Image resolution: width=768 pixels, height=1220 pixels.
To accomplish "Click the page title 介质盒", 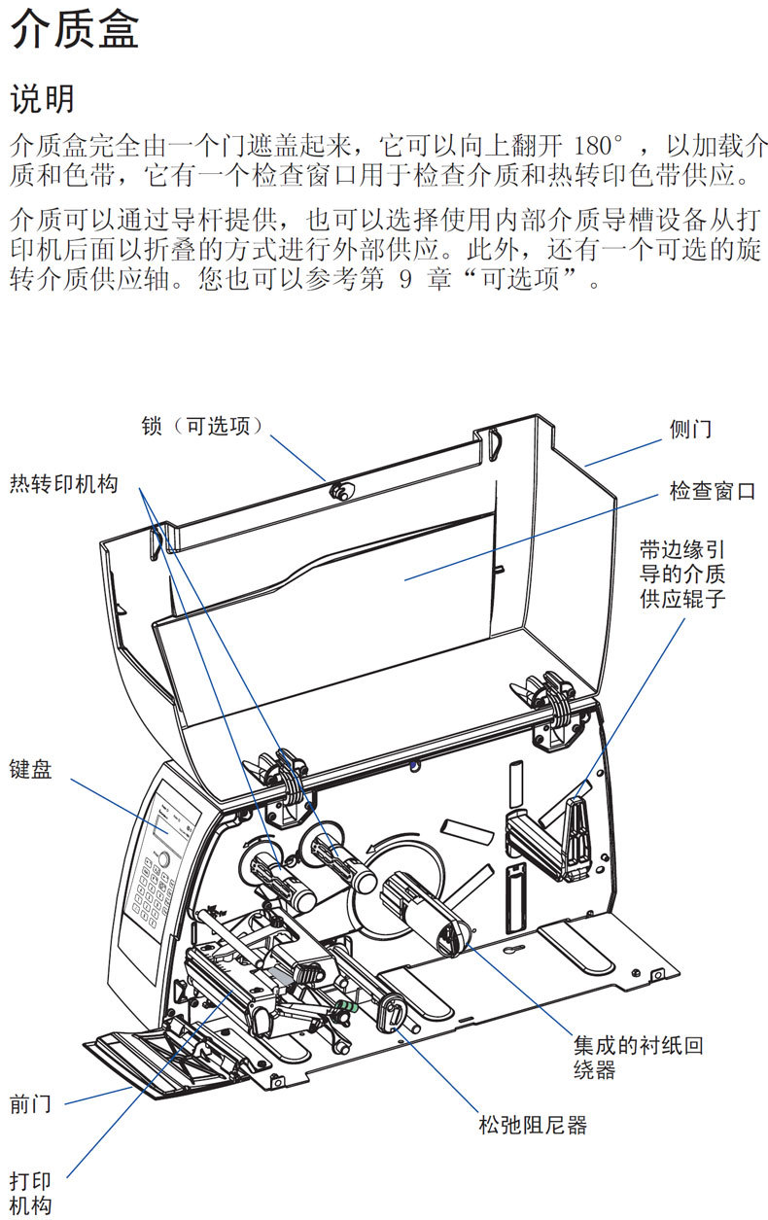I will click(75, 30).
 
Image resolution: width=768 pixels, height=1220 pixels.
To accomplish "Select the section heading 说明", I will click(42, 98).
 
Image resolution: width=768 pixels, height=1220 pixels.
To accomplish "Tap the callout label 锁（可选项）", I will click(203, 426).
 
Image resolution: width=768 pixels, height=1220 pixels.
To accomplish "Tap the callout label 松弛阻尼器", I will click(533, 1126).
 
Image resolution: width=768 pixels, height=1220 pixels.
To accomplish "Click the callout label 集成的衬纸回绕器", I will click(637, 1058).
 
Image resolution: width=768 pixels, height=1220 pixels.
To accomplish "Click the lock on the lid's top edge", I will click(339, 491).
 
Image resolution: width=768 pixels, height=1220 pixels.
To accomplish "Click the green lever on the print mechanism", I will click(346, 1004).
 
